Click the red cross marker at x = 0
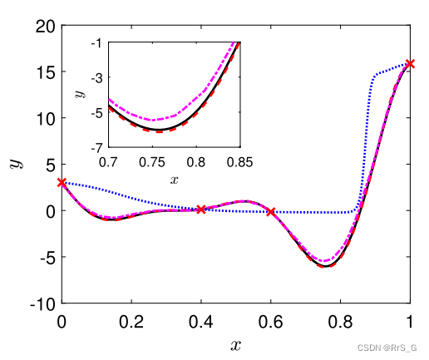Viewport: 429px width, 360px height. tap(62, 182)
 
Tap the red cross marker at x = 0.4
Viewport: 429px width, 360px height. tap(201, 210)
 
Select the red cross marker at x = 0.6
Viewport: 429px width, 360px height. tap(271, 212)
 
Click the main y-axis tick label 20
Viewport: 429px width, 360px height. tap(46, 26)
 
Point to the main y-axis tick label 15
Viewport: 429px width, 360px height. tap(46, 72)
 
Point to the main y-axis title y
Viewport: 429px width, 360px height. tap(15, 164)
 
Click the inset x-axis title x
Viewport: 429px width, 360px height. tap(174, 178)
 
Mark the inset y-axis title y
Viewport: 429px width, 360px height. tap(81, 92)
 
